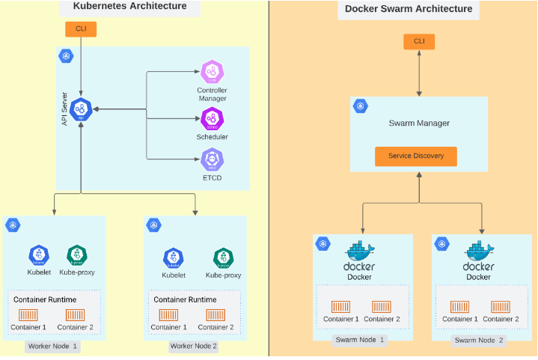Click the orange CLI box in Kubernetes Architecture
(81, 29)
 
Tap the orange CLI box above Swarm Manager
(419, 41)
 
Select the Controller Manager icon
(212, 73)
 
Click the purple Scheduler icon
(212, 118)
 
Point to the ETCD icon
(212, 159)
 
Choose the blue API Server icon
(81, 109)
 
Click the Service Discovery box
(416, 156)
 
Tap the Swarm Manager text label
(416, 123)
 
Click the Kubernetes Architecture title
(130, 7)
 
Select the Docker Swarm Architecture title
(409, 9)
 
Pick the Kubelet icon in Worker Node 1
(38, 255)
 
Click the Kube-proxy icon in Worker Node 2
(223, 258)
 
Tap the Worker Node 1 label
(52, 346)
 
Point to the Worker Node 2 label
(193, 346)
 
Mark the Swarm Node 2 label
(479, 340)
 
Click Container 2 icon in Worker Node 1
(75, 315)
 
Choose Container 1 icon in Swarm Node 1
(341, 307)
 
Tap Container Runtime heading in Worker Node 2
(185, 299)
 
